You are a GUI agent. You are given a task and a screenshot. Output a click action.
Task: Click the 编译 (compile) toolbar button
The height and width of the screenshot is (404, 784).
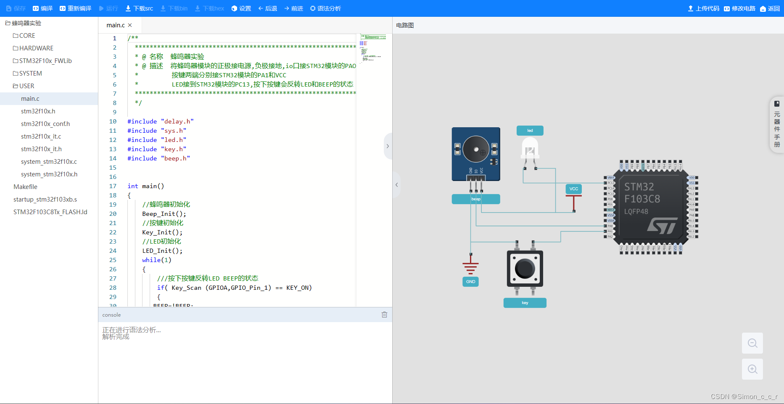(43, 8)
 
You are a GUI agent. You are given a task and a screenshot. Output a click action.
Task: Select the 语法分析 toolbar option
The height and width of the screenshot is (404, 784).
(325, 8)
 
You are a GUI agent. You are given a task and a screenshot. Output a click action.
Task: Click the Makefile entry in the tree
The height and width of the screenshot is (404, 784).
(25, 187)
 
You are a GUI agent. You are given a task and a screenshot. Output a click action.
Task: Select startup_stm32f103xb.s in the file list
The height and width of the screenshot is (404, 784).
(45, 199)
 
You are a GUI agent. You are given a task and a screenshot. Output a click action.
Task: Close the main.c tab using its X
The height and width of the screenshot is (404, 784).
(130, 25)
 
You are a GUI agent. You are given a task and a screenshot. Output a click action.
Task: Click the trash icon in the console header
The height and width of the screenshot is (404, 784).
(384, 315)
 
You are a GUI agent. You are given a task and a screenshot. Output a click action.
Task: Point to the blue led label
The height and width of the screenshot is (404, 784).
(530, 131)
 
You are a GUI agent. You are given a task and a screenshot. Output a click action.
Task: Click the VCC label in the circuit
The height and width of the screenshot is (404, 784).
(573, 189)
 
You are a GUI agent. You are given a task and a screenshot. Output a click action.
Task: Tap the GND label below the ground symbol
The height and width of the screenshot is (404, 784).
(470, 282)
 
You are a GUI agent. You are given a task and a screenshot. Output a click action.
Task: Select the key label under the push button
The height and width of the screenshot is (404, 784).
(525, 303)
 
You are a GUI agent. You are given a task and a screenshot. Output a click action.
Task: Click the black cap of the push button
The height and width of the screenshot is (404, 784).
(525, 268)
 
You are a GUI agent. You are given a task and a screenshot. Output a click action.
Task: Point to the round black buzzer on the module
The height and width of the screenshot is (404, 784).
(475, 149)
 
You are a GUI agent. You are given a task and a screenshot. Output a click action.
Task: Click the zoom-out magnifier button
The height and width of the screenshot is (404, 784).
(752, 343)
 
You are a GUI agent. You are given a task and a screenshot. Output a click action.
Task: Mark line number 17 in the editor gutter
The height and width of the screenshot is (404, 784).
(113, 186)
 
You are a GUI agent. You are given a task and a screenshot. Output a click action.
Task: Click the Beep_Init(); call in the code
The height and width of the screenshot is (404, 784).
(164, 214)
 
